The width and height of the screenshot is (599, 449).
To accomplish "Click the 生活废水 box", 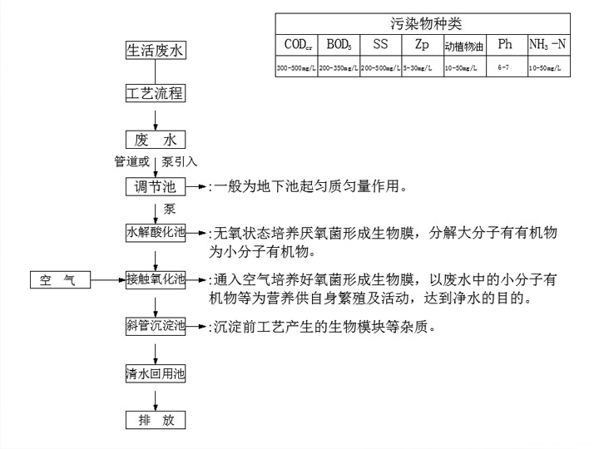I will coord(155,50).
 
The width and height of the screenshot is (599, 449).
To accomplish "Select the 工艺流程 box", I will coord(155,92).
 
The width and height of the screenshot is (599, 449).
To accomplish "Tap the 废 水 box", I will coord(155,139).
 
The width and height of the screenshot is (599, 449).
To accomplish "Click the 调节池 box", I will coord(155,186).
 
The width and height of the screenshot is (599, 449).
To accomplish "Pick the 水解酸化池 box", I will coord(155,233).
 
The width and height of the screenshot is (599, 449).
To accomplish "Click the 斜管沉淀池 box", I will coord(155,326).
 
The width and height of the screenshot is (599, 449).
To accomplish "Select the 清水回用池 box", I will coord(155,373).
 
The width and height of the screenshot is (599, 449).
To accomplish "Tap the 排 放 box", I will coord(155,420).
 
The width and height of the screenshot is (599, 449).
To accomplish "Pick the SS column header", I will coord(380,43).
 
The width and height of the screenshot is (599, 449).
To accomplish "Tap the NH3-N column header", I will coord(549,43).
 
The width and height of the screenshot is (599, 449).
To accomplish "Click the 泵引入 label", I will coord(180,161).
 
